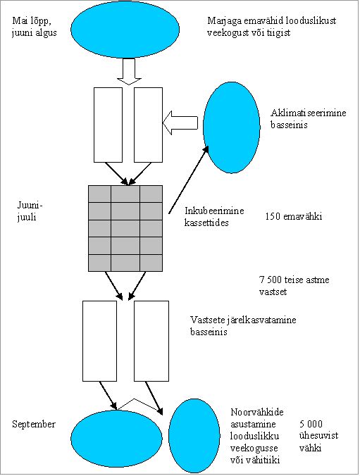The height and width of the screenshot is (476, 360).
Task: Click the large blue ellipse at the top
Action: (x=125, y=30)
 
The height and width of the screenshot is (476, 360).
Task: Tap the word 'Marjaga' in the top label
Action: (x=223, y=21)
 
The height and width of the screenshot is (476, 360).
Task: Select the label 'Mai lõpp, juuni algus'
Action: (x=35, y=27)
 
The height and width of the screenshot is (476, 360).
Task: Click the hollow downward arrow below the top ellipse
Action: (x=129, y=71)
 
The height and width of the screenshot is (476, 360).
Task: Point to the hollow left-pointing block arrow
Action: (x=180, y=123)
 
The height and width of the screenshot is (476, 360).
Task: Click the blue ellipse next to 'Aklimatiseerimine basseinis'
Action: (x=232, y=127)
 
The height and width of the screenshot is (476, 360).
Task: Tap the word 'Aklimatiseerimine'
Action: (x=309, y=113)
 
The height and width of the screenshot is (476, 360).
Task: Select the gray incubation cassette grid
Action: (x=125, y=228)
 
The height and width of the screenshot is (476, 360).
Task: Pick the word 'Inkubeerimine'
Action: (x=214, y=211)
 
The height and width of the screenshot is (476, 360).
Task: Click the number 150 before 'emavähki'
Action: (x=272, y=216)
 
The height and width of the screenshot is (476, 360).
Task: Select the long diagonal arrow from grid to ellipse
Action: (x=189, y=180)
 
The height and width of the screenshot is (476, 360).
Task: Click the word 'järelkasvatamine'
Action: (x=261, y=320)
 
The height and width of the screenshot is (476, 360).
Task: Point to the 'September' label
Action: (x=34, y=424)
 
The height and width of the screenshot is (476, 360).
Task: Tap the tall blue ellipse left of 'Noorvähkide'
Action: (x=194, y=436)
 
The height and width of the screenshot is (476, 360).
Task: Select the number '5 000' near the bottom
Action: (x=311, y=424)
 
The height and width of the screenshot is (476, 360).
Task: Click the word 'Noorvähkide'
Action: (x=257, y=412)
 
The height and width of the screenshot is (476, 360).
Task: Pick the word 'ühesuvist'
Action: (x=318, y=436)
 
